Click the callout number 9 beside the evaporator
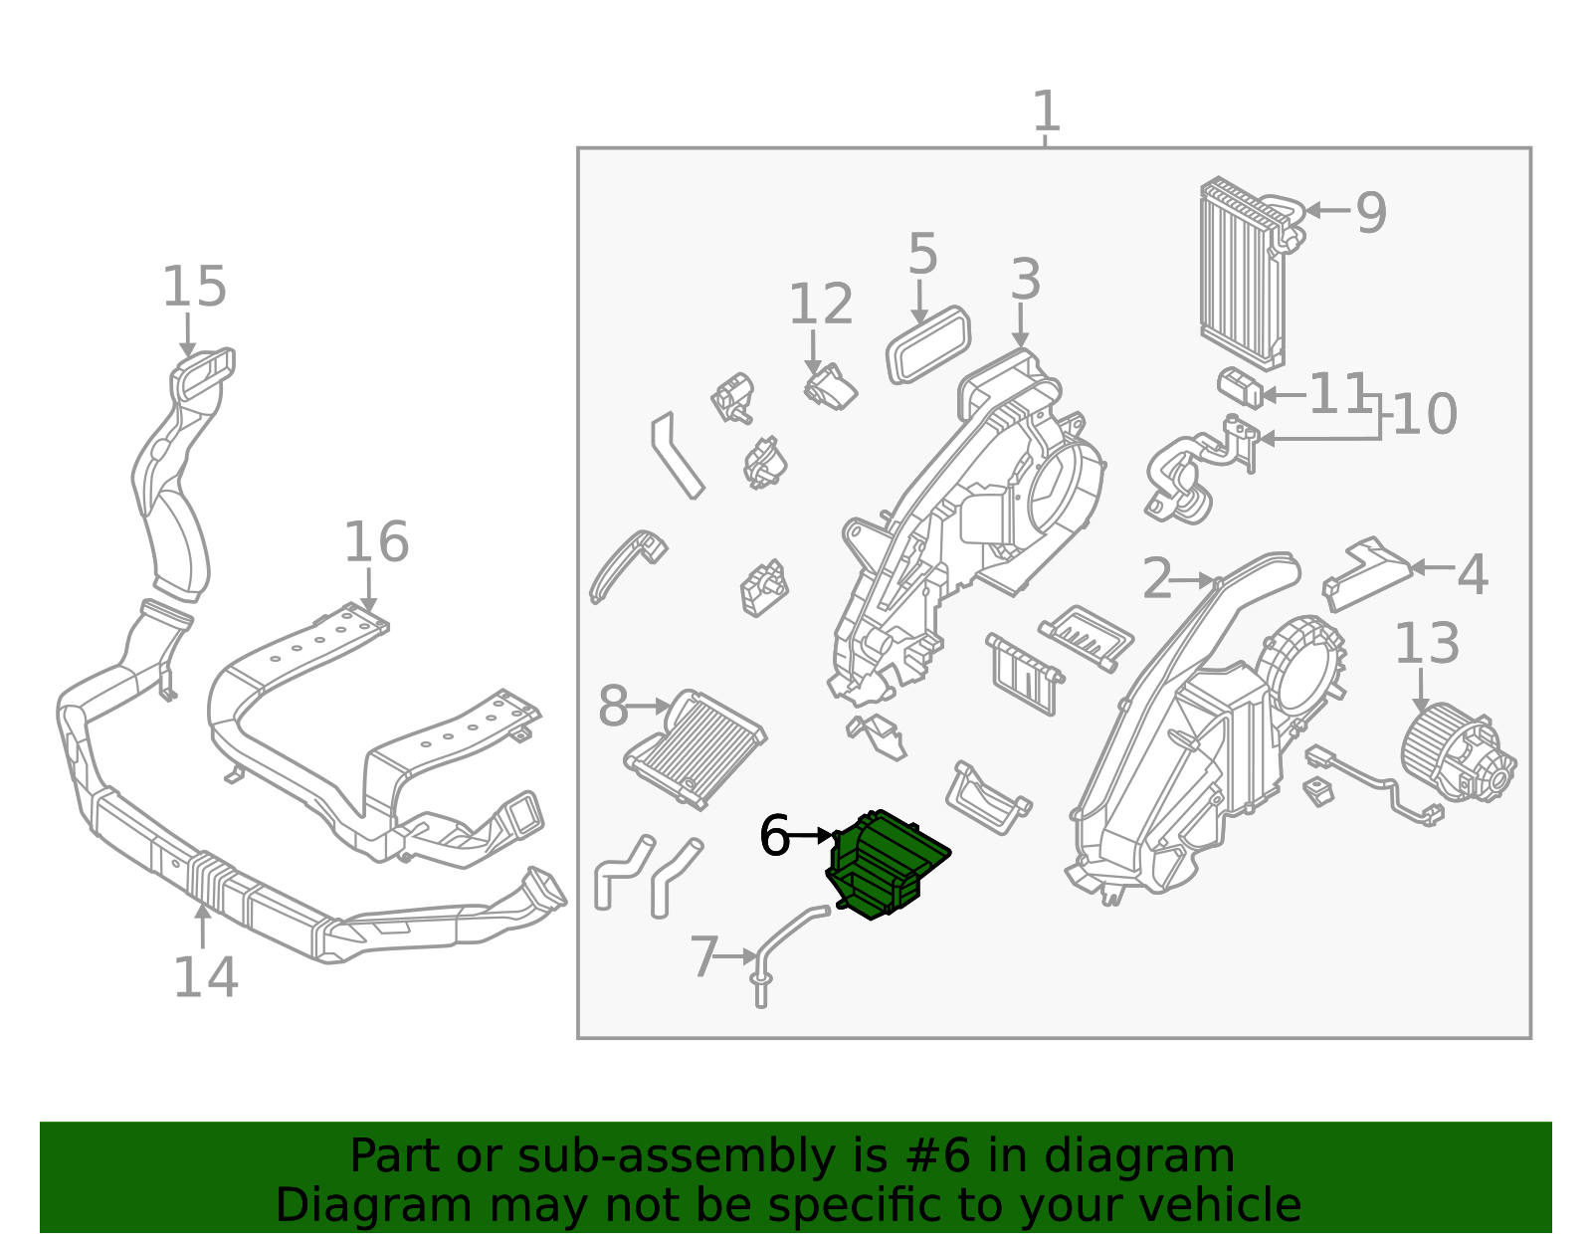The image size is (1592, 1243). [1371, 213]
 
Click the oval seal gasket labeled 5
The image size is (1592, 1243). [927, 344]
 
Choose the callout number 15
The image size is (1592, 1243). [195, 287]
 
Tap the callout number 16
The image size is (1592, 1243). [376, 542]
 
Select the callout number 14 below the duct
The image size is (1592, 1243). [205, 977]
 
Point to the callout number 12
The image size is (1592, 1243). [821, 305]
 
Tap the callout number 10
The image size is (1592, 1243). [1425, 414]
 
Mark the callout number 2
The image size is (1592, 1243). [1156, 579]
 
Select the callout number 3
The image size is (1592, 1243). [1025, 280]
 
